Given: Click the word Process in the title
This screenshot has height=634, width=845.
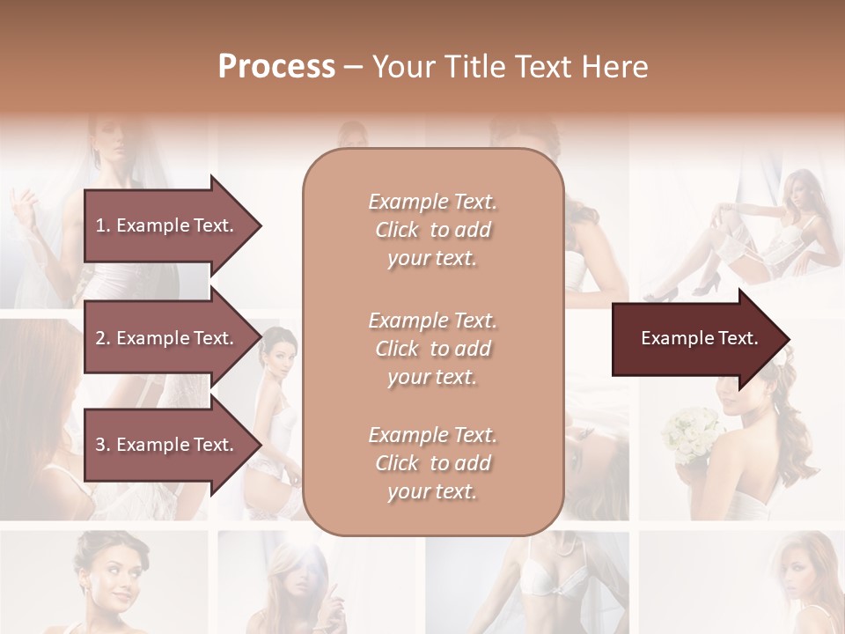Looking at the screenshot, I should (276, 66).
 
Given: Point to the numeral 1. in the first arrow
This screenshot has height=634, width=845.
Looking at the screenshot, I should (102, 225).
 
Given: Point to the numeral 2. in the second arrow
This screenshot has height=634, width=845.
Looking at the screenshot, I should (102, 338).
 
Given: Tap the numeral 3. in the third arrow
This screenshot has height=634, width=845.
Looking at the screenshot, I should (102, 445).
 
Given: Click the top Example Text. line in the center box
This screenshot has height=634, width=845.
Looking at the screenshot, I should (432, 202).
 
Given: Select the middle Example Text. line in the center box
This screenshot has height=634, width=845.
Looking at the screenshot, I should (432, 320).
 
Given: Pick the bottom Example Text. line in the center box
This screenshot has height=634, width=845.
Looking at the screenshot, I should (432, 435).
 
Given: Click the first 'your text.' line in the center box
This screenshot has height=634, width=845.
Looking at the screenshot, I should (432, 259).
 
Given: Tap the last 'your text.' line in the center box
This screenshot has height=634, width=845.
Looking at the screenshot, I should (432, 492).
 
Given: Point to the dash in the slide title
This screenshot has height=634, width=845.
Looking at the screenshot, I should (353, 67).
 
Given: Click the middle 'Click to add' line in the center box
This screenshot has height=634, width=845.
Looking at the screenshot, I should (432, 349).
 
